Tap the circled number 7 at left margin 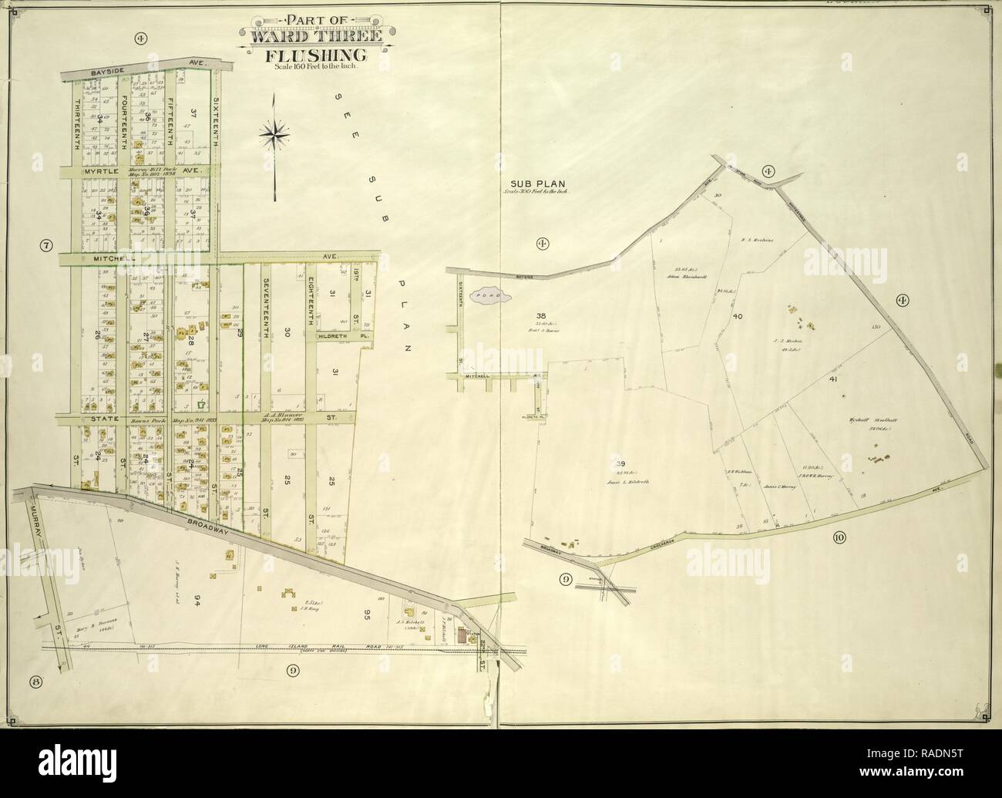tap(46, 247)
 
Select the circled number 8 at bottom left tap(35, 681)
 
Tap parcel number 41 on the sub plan tap(833, 379)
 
